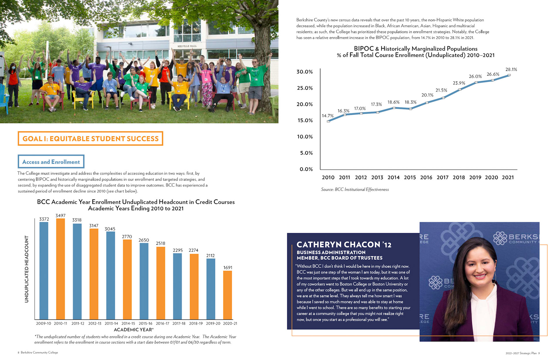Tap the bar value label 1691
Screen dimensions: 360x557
tap(228, 268)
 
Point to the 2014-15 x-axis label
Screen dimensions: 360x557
tap(128, 323)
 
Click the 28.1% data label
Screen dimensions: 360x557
tap(511, 70)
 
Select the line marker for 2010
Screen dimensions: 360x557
tap(328, 121)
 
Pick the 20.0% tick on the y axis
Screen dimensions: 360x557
tap(305, 104)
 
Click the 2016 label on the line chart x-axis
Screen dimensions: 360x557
tap(426, 177)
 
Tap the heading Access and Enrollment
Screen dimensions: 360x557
tap(51, 162)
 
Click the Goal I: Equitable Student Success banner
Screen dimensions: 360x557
tap(91, 139)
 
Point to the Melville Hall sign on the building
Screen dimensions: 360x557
tap(187, 46)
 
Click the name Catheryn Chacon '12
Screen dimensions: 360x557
tap(344, 245)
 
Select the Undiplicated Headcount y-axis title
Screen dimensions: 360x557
tap(27, 269)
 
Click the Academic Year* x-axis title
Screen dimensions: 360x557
tap(134, 330)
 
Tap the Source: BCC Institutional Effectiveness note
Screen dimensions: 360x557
tap(355, 190)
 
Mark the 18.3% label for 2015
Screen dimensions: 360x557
tap(410, 102)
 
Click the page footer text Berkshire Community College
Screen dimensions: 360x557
tap(39, 352)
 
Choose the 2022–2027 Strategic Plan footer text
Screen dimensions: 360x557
tap(521, 353)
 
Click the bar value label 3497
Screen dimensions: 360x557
tap(60, 216)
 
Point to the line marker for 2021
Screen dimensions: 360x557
tap(509, 75)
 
